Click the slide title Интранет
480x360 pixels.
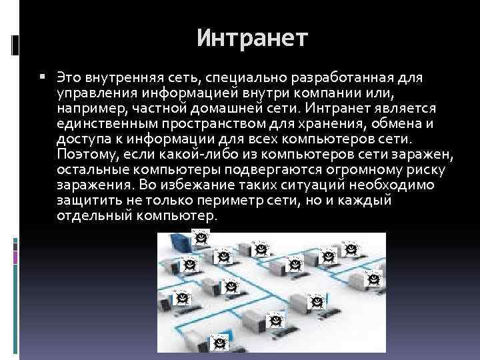253,38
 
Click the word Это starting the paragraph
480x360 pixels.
69,79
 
